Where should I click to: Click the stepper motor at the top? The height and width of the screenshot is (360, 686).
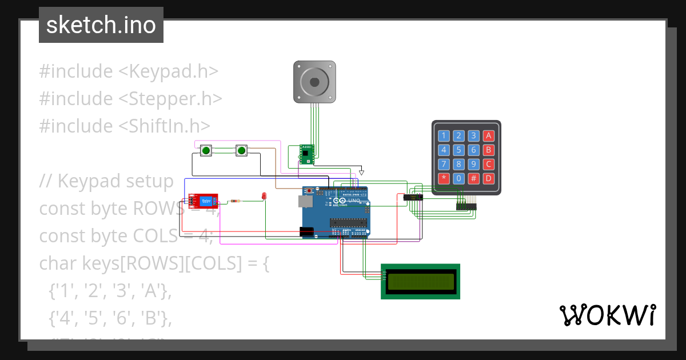tap(314, 82)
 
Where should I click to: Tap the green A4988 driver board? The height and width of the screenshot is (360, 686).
tap(307, 154)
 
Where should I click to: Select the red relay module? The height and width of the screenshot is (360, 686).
tap(204, 201)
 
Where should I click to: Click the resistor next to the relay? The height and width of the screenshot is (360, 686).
tap(235, 201)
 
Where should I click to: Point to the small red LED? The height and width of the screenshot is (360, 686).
tap(264, 197)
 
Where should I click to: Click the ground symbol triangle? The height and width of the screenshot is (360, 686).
tap(361, 171)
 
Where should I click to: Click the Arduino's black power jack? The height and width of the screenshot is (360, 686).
tap(307, 231)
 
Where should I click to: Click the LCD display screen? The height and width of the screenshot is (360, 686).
tap(421, 281)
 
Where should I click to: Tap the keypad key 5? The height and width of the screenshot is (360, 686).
tap(458, 150)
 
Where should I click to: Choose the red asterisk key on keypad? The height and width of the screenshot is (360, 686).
tap(444, 178)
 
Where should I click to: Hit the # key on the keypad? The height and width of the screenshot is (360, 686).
tap(473, 178)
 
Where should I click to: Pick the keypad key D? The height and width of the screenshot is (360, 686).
tap(488, 178)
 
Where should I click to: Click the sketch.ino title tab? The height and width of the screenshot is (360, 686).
tap(101, 25)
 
